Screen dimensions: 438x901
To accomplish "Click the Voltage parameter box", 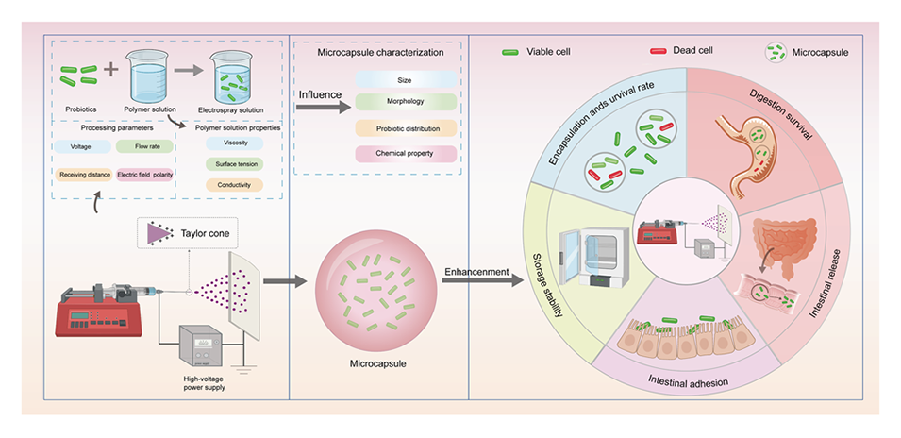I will [x=82, y=147].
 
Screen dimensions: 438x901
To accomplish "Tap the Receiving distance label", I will [x=82, y=176].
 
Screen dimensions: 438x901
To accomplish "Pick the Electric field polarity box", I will [x=145, y=176].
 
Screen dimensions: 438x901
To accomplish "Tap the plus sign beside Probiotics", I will [x=111, y=70].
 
